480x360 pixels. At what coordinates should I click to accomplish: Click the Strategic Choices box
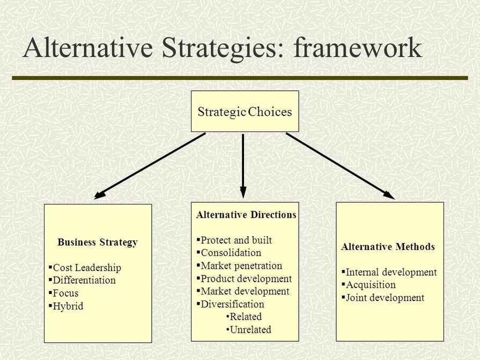point(245,112)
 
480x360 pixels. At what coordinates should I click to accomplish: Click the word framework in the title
point(358,48)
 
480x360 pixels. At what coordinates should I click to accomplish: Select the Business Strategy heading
point(97,242)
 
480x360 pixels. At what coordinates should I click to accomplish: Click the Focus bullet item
point(65,293)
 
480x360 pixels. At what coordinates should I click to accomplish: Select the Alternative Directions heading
point(246,215)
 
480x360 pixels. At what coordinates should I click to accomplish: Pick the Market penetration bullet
point(241,266)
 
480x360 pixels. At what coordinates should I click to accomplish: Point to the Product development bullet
point(246,278)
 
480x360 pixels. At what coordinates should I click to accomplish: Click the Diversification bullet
point(232,304)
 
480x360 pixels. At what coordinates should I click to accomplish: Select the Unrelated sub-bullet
point(250,329)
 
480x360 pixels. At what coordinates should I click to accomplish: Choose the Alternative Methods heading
point(388,247)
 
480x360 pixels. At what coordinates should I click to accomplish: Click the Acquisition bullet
point(371,285)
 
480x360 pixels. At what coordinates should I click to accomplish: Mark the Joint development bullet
point(385,298)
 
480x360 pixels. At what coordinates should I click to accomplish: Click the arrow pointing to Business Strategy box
point(150,166)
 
